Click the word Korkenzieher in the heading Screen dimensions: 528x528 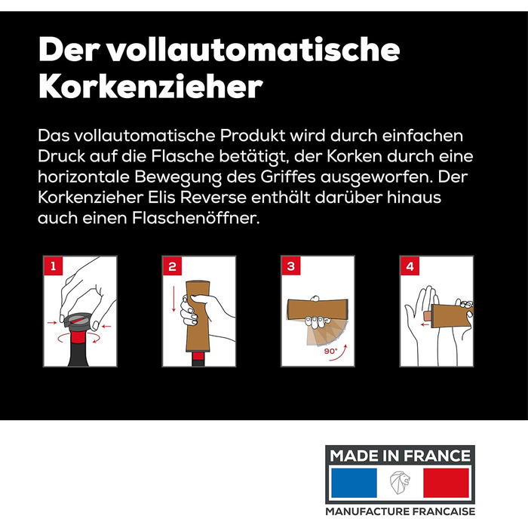pos(151,86)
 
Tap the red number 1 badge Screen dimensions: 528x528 pos(54,266)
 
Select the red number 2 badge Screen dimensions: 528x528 pos(172,266)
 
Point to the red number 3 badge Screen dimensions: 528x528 pos(291,266)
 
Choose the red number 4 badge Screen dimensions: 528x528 pos(410,266)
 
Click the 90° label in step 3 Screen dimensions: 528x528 pos(330,351)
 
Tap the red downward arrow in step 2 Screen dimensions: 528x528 pos(173,299)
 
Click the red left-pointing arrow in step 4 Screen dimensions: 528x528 pos(425,324)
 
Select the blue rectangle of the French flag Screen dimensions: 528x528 pos(354,483)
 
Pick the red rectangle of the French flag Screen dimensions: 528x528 pos(446,483)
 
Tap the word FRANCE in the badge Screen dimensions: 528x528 pos(437,456)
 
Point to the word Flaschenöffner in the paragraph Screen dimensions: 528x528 pos(195,218)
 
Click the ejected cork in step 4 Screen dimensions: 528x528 pos(428,316)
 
